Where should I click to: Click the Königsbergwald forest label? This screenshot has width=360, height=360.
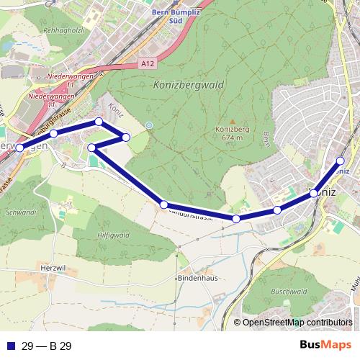pos(189,85)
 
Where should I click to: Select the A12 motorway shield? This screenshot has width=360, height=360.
pos(148,64)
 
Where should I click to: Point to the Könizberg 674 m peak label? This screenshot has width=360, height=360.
pos(232,133)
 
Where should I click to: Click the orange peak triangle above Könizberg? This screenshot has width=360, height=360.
pos(232,122)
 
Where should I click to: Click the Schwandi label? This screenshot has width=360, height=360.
pos(20,213)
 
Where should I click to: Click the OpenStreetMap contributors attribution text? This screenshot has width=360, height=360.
pos(297,323)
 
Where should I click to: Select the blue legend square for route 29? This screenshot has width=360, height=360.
pos(9,346)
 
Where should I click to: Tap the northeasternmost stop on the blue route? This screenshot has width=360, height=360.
pos(341,161)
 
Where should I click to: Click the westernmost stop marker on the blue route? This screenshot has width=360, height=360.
pos(19,148)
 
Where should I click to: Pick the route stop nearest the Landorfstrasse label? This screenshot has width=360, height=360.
pos(164,205)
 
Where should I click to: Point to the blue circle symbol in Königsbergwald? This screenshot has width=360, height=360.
pos(149,125)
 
